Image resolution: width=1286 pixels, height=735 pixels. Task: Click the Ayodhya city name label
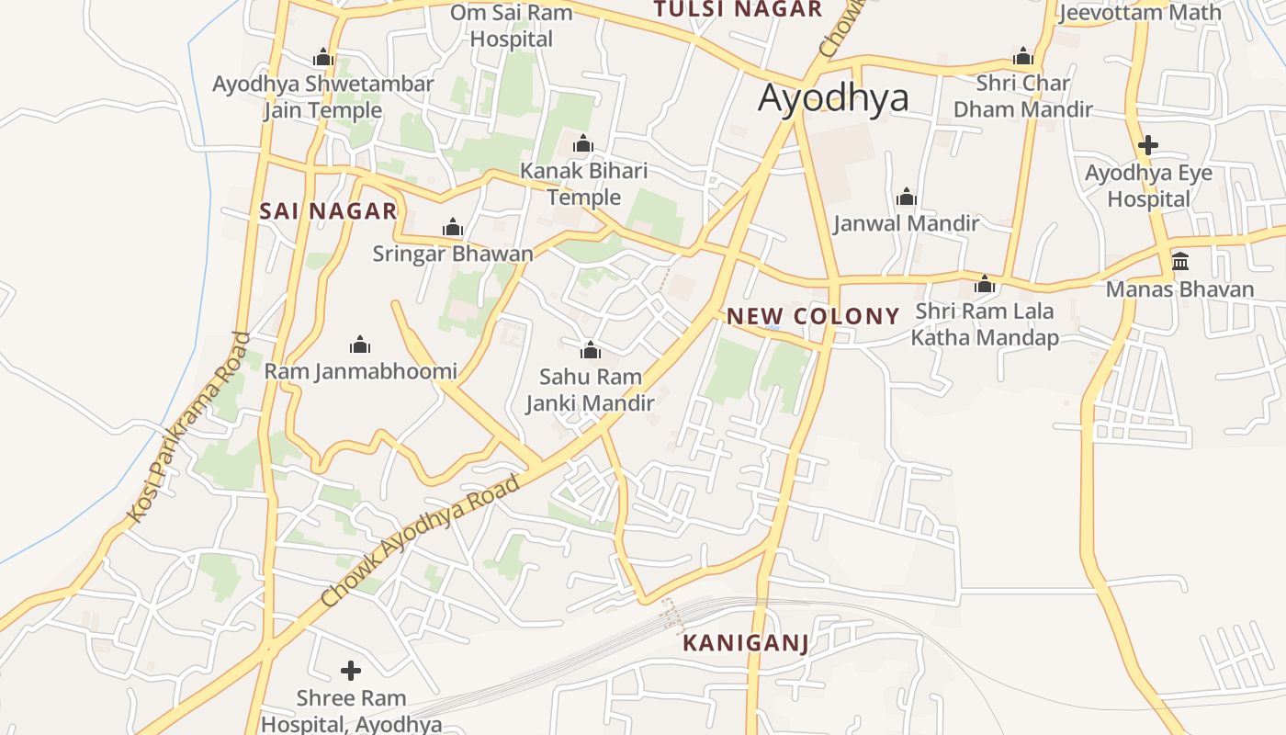(833, 98)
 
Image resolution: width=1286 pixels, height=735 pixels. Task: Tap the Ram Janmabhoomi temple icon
(360, 345)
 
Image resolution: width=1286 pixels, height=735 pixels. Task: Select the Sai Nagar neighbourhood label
(328, 211)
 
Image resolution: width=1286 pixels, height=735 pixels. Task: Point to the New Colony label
(813, 317)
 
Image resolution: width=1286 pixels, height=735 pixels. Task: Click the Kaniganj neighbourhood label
(746, 643)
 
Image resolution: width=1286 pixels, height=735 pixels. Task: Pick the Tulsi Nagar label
(738, 9)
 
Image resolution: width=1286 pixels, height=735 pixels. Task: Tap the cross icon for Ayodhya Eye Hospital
(1147, 145)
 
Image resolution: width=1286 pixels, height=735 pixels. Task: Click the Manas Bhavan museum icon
(1180, 262)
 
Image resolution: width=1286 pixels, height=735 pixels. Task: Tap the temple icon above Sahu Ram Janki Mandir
(591, 350)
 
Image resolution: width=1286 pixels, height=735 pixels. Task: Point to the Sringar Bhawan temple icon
(452, 227)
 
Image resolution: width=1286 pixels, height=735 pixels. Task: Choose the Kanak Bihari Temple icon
(583, 144)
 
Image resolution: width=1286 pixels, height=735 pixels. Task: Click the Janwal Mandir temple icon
(907, 197)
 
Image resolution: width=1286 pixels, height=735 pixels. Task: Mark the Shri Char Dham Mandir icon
(1023, 56)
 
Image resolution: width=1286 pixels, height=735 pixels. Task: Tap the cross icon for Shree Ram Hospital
(350, 671)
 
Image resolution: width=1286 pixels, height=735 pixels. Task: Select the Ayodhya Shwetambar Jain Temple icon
(322, 57)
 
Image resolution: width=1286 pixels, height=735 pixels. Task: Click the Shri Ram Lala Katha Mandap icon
(985, 284)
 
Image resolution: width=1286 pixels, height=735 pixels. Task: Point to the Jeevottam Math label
(1140, 13)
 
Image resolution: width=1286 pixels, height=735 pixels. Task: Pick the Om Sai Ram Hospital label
(511, 26)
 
